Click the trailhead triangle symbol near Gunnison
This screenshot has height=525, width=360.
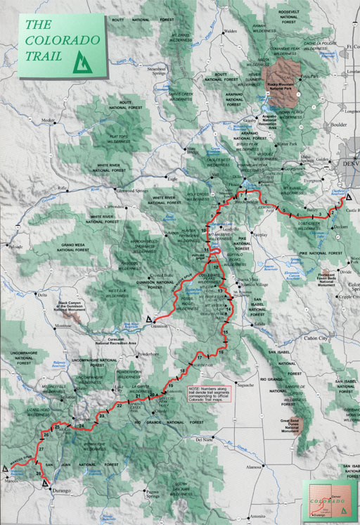click(149, 319)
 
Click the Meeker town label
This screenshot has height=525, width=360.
click(48, 121)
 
